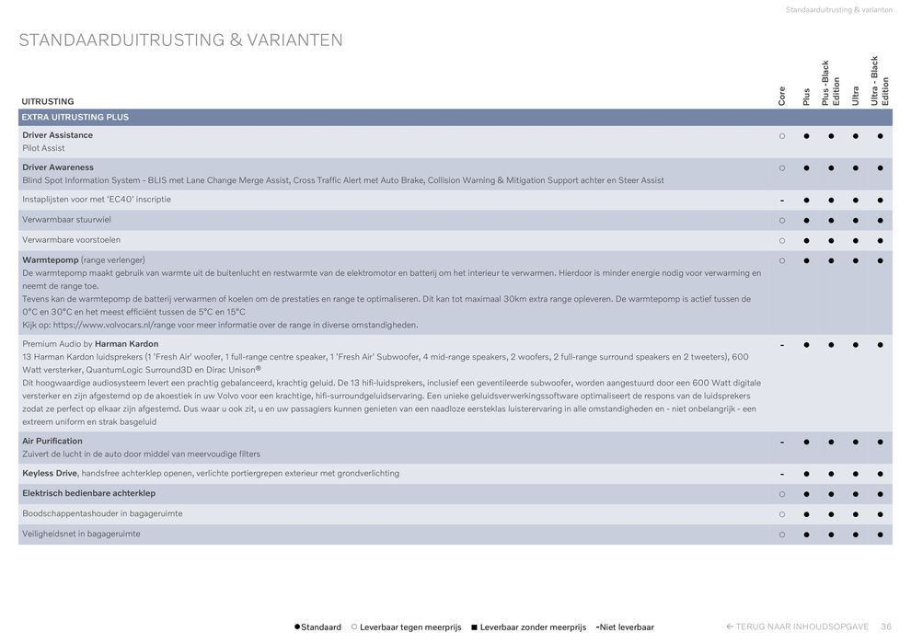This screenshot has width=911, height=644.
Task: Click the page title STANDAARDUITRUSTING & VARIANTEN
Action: pos(181,40)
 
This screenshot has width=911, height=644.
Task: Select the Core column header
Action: pos(781,96)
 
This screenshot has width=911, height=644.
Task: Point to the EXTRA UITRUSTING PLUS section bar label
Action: pos(75,118)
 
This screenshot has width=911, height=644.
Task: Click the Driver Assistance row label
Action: pos(57,135)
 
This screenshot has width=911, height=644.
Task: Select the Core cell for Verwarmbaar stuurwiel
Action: pos(781,220)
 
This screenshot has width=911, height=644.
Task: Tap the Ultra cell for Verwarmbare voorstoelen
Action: pos(856,240)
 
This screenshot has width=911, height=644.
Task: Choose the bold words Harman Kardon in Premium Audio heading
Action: pos(127,344)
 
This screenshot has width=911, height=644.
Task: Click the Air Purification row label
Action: pos(52,441)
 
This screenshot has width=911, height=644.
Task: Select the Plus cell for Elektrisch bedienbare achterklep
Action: pos(806,494)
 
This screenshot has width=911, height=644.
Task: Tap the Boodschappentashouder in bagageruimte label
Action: pos(102,513)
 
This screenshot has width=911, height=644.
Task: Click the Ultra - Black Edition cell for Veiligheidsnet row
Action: pos(881,534)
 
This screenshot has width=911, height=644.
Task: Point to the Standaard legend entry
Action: pos(318,627)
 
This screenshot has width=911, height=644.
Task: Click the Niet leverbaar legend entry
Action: pos(626,627)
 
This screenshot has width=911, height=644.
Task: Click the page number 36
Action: pos(885,627)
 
